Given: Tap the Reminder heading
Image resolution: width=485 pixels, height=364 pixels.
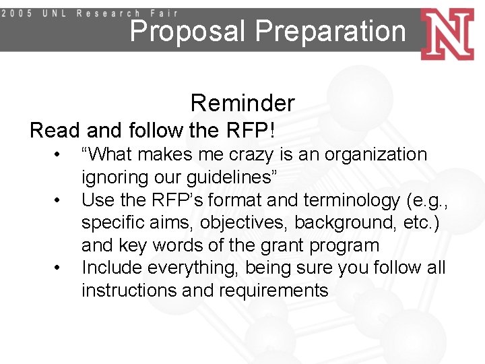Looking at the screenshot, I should coord(243,103).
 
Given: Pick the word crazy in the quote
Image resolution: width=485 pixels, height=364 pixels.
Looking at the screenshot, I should coord(253,154).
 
